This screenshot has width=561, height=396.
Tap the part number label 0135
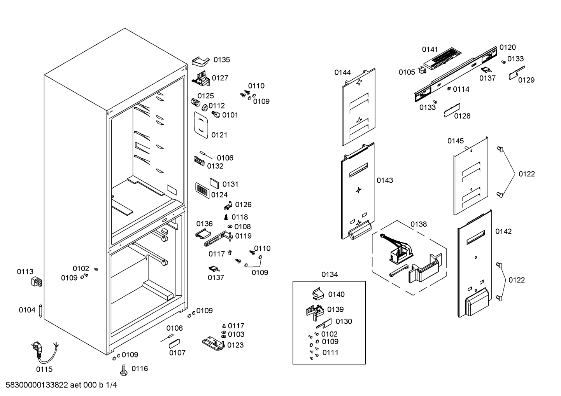coord(222,60)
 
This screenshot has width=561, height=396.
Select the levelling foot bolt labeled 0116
coord(124,370)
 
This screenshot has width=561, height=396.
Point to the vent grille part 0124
coord(202,190)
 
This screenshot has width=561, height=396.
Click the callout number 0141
coord(430,49)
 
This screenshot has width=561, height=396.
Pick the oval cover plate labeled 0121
coord(201,125)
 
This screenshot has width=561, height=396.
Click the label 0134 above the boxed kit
coord(330,275)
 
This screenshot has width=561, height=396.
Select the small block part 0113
coord(37,281)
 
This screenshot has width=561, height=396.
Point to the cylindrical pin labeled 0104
coord(40,311)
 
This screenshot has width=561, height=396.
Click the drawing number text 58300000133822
coord(37,385)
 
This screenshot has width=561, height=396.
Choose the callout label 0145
coord(456,141)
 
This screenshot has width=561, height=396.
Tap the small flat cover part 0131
coord(214,183)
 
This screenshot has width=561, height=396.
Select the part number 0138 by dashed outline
coord(419,224)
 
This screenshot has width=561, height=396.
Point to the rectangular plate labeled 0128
coord(452,110)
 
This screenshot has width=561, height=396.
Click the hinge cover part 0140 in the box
coord(318,293)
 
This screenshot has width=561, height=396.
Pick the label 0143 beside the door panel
coord(385,180)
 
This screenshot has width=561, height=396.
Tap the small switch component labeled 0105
coord(422,70)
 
